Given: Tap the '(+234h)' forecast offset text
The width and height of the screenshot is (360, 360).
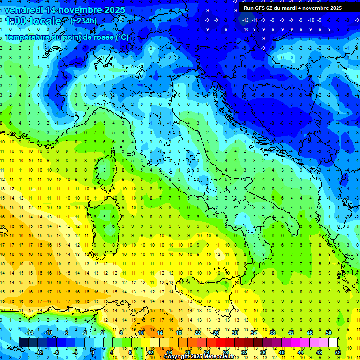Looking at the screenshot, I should pyautogui.click(x=83, y=21).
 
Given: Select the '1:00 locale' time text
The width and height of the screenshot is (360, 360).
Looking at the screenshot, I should pyautogui.click(x=34, y=22).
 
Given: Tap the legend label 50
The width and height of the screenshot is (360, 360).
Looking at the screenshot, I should pyautogui.click(x=328, y=332).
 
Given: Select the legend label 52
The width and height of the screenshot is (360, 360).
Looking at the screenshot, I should pyautogui.click(x=338, y=352).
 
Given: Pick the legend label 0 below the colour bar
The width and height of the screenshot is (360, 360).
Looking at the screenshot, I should pyautogui.click(x=93, y=352).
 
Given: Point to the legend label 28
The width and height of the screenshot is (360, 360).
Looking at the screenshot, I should pyautogui.click(x=225, y=352).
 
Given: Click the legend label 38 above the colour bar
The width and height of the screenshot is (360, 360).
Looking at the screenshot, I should pyautogui.click(x=272, y=332).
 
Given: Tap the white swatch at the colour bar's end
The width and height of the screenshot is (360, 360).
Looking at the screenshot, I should pyautogui.click(x=333, y=343).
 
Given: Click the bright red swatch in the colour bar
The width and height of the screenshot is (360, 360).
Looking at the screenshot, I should pyautogui.click(x=220, y=343).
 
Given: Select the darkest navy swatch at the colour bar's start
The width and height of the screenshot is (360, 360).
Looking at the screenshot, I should pyautogui.click(x=23, y=343).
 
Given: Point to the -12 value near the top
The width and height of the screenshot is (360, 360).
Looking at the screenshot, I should pyautogui.click(x=245, y=20).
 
